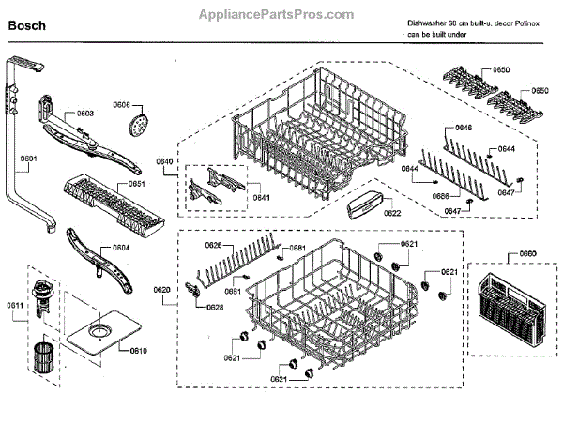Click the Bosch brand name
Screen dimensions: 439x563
coord(27,26)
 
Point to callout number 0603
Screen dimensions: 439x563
coord(84,114)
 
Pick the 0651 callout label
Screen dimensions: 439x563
coord(136,184)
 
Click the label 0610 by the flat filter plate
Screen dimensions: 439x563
coord(138,351)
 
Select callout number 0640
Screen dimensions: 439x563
coord(164,162)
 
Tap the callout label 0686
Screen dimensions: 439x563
coord(439,195)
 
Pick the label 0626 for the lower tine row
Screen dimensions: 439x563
coord(214,245)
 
